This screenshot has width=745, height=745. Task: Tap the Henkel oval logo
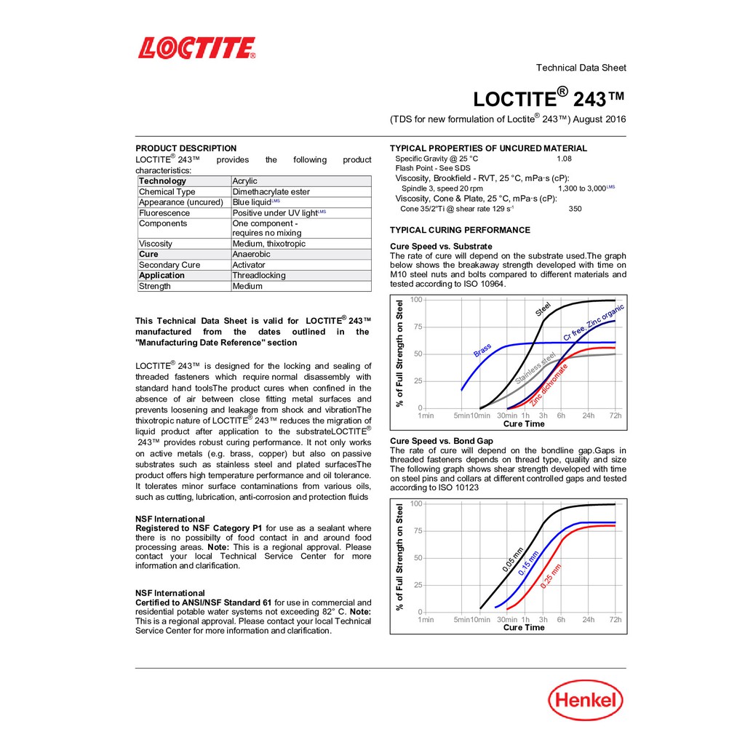(x=586, y=702)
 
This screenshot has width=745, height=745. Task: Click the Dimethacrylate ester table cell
(x=271, y=192)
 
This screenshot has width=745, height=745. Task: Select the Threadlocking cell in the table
(x=259, y=276)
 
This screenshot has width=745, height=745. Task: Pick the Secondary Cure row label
(x=170, y=265)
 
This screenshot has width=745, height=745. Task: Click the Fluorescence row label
(x=164, y=213)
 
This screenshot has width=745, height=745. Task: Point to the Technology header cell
(x=162, y=181)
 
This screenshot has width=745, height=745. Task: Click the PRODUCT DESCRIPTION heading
(x=186, y=148)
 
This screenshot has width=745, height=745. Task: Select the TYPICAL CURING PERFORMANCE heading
(x=461, y=230)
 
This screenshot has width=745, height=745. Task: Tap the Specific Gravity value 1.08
(x=564, y=159)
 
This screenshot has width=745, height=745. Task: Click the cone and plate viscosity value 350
(x=575, y=209)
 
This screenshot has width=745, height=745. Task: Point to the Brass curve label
(x=482, y=350)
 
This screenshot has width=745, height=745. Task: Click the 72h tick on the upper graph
(x=615, y=415)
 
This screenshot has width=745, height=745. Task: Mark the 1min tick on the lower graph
(x=426, y=620)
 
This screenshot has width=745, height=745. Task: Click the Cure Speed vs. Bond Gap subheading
(x=442, y=441)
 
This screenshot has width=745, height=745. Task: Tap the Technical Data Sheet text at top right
(x=581, y=68)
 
